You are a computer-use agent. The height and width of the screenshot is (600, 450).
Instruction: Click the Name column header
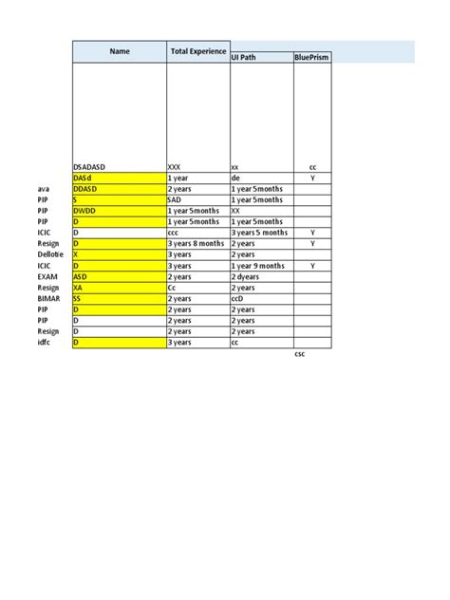point(119,51)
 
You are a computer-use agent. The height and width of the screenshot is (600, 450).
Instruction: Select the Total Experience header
point(197,51)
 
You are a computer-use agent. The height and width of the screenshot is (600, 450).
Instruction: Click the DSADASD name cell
point(89,166)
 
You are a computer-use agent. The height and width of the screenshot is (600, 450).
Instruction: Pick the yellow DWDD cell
point(84,210)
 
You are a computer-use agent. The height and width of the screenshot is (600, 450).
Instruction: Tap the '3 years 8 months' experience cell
point(196,243)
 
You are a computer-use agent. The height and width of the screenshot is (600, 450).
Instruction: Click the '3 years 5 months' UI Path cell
point(259,232)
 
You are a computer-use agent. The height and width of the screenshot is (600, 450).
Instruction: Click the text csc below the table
point(300,353)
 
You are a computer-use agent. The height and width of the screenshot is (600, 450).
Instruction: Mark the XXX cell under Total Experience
point(175,166)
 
